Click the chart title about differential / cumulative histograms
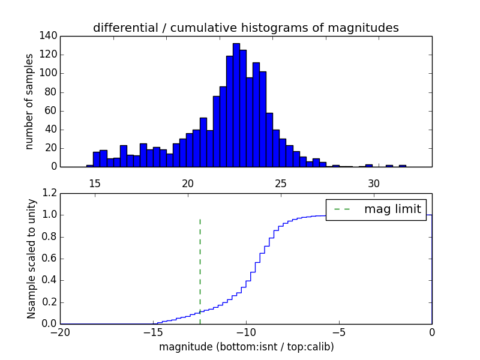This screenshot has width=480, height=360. [x=246, y=28]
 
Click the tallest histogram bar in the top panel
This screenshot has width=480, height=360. [x=236, y=106]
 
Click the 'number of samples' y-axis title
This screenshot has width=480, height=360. [x=29, y=101]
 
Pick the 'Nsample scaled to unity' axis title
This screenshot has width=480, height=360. [x=31, y=259]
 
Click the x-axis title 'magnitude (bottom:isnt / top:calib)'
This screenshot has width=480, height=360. [x=246, y=347]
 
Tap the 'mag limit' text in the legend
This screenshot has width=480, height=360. [x=392, y=209]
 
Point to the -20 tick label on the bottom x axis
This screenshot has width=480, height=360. [x=60, y=332]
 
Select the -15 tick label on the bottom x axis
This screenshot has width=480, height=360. [x=153, y=332]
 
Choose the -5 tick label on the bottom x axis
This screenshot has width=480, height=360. [x=339, y=332]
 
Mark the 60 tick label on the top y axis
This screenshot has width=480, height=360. [x=51, y=110]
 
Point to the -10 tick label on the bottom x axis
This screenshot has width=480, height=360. [x=246, y=332]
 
